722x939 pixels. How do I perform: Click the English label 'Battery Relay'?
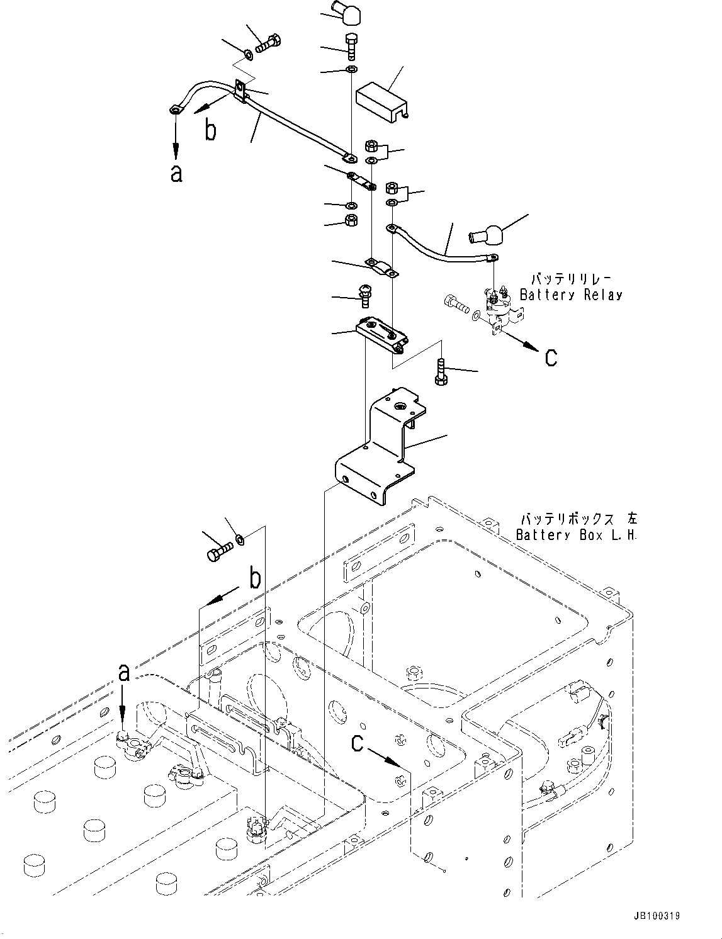click(570, 295)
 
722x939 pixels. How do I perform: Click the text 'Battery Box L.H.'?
click(576, 535)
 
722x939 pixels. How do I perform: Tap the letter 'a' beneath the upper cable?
click(176, 173)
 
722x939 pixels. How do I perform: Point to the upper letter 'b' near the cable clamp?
click(212, 130)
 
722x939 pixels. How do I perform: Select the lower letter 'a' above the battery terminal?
click(124, 673)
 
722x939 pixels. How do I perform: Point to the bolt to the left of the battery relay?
click(456, 305)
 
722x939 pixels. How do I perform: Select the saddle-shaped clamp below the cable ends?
click(381, 266)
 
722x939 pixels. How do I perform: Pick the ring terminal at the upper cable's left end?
click(174, 111)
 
